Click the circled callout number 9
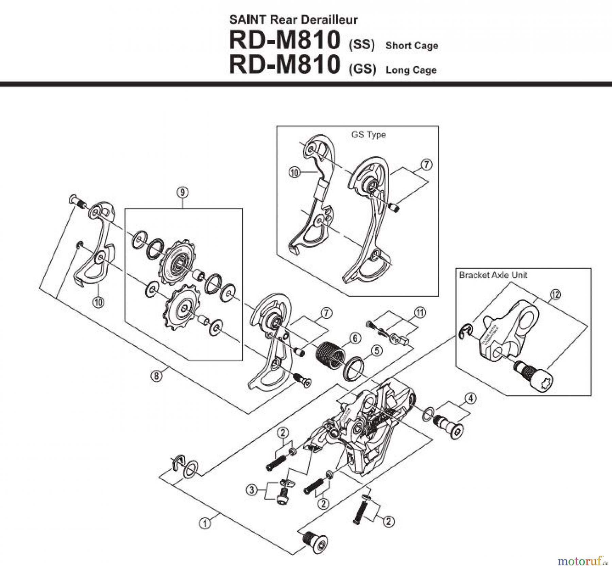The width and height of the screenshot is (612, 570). (183, 193)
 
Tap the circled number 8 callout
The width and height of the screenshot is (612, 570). (156, 376)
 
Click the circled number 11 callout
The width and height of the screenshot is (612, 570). (420, 313)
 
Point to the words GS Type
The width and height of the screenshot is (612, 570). (369, 135)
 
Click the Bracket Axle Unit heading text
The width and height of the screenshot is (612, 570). (493, 275)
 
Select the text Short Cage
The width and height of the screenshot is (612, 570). (411, 46)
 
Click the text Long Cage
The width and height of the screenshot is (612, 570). (411, 70)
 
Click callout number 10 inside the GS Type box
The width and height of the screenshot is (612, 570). (294, 173)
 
